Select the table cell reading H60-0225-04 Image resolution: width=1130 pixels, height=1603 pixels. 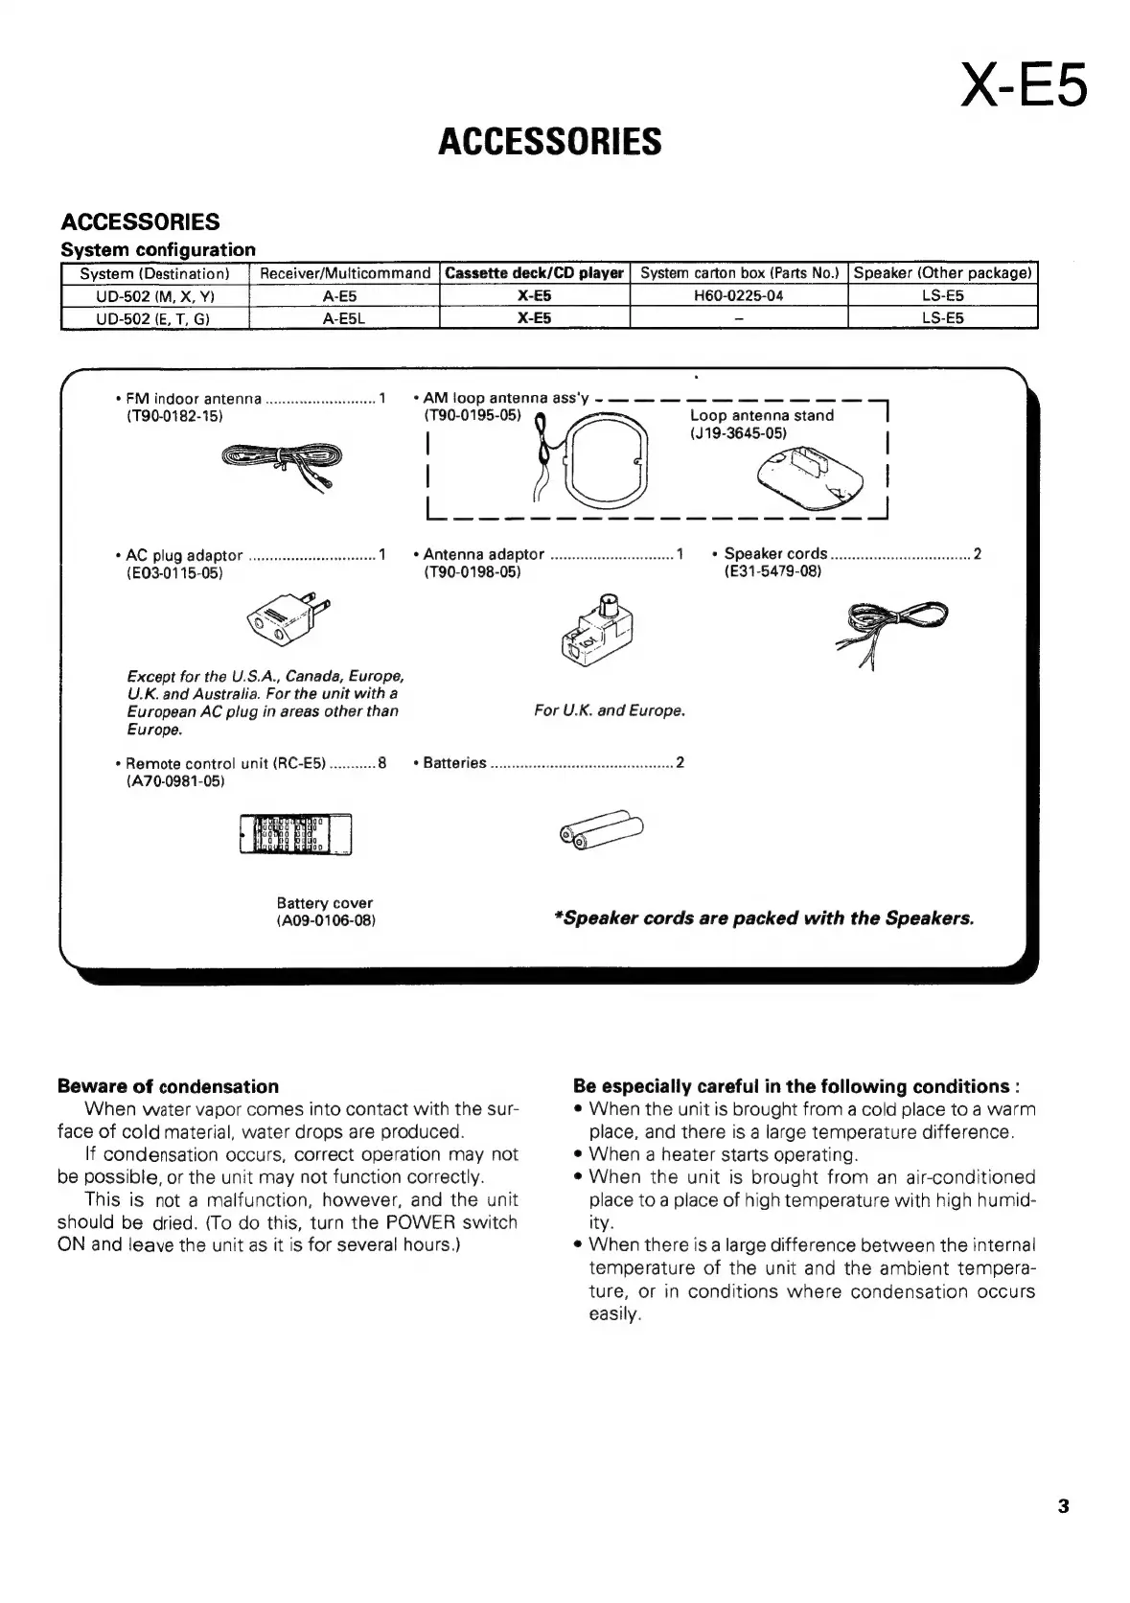click(738, 295)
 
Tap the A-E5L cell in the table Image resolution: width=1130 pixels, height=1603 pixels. click(344, 318)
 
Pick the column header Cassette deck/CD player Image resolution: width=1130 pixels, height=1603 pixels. click(534, 273)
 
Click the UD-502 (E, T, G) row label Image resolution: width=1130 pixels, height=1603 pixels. click(154, 318)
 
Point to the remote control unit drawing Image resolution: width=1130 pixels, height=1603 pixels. click(296, 832)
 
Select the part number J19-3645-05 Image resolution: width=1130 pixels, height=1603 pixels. click(738, 433)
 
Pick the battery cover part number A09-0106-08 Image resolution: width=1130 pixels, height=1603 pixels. click(325, 921)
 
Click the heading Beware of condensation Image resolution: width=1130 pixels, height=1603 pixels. click(169, 1086)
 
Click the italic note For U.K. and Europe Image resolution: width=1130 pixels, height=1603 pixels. click(610, 710)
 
